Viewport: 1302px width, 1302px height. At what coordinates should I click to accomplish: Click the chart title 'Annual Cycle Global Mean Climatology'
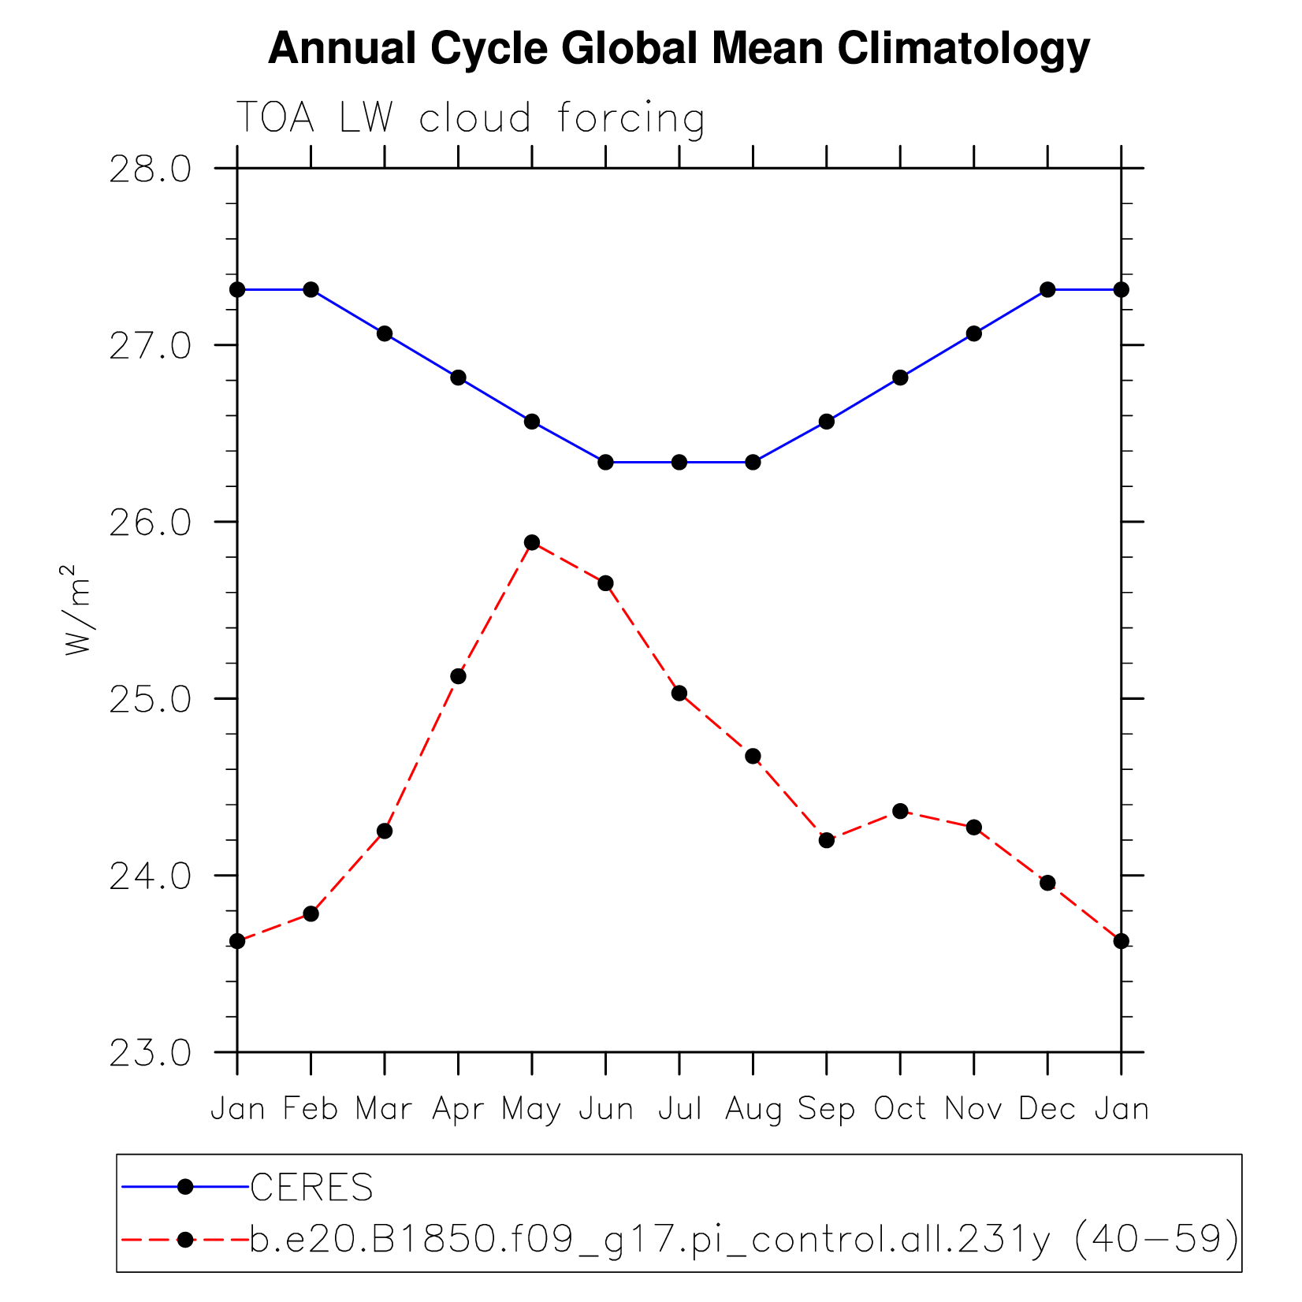(x=679, y=49)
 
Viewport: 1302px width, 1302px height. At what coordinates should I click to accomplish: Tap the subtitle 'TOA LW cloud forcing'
(x=471, y=118)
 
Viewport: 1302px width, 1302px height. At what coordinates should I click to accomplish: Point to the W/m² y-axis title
(x=77, y=609)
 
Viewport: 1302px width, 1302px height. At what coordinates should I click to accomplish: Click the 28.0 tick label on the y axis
(x=150, y=169)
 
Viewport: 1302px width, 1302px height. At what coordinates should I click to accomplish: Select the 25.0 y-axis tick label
(x=150, y=700)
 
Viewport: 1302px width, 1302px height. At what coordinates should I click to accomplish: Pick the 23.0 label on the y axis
(x=150, y=1053)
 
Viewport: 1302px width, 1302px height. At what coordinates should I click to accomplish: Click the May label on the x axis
(x=532, y=1110)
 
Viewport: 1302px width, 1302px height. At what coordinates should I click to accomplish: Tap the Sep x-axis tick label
(x=826, y=1110)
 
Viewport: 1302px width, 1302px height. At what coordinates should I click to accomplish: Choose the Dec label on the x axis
(x=1047, y=1110)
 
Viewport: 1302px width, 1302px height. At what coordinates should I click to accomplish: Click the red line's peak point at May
(x=532, y=542)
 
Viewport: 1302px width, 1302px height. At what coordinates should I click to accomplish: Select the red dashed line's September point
(x=826, y=840)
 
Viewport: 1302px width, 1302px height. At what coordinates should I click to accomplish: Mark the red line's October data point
(x=900, y=811)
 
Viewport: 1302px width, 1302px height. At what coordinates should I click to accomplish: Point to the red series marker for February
(x=311, y=913)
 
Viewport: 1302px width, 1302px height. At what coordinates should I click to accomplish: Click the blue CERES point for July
(x=679, y=462)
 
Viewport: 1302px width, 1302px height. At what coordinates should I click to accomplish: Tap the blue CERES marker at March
(x=385, y=333)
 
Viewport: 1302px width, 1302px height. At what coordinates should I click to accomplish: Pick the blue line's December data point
(x=1047, y=289)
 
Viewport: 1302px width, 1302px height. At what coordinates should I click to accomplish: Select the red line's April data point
(x=458, y=676)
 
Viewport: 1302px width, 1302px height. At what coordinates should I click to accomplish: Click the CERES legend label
(x=311, y=1187)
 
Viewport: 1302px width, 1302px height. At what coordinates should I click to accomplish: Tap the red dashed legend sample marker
(x=185, y=1240)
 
